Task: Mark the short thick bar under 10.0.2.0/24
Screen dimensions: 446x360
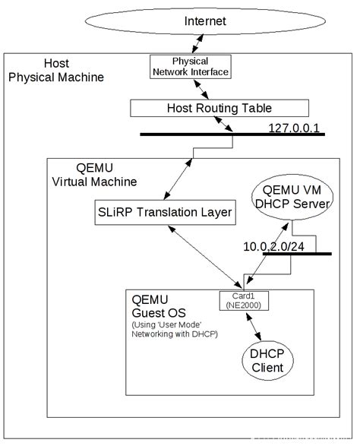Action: pos(296,254)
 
